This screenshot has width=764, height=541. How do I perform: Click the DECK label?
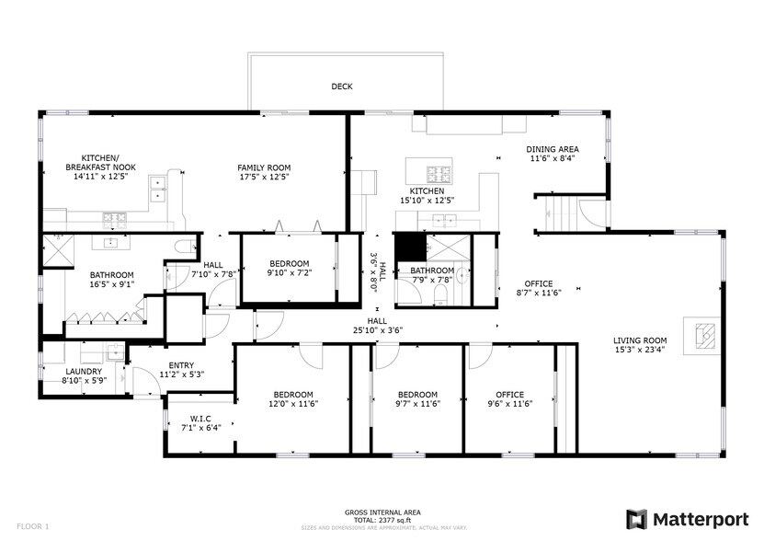point(342,87)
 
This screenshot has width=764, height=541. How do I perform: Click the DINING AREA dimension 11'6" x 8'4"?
point(552,158)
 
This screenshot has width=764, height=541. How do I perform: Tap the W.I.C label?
point(200,418)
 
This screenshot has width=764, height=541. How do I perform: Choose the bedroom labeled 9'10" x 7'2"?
point(289,268)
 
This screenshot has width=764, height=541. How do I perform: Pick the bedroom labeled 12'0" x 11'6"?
point(292,398)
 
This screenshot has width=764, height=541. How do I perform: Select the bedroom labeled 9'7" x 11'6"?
point(418,398)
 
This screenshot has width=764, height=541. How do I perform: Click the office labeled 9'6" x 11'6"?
point(509,398)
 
